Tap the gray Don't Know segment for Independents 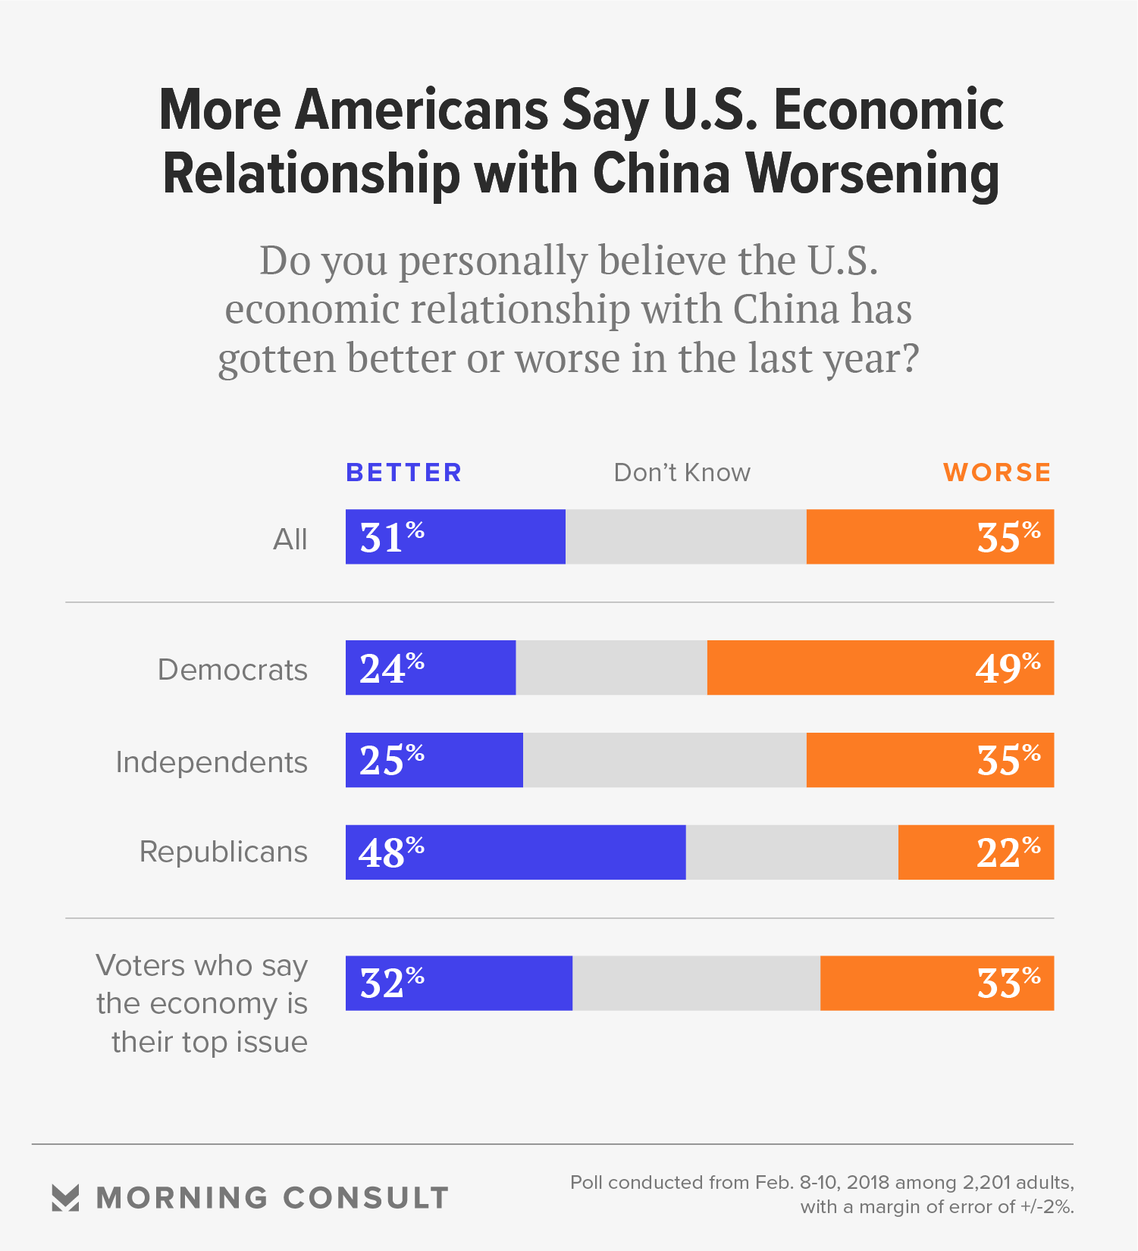click(664, 760)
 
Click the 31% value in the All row click(391, 537)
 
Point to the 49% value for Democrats click(1008, 668)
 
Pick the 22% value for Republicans click(1008, 852)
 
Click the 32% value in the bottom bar click(391, 983)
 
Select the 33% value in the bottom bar click(1008, 983)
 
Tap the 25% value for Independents click(391, 760)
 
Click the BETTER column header click(403, 472)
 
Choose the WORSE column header click(997, 472)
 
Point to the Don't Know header click(682, 472)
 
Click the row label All click(290, 539)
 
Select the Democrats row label click(233, 670)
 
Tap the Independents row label click(212, 762)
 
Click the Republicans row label click(224, 852)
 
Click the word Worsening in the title click(873, 174)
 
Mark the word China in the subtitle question click(785, 309)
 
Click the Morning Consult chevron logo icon click(65, 1197)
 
